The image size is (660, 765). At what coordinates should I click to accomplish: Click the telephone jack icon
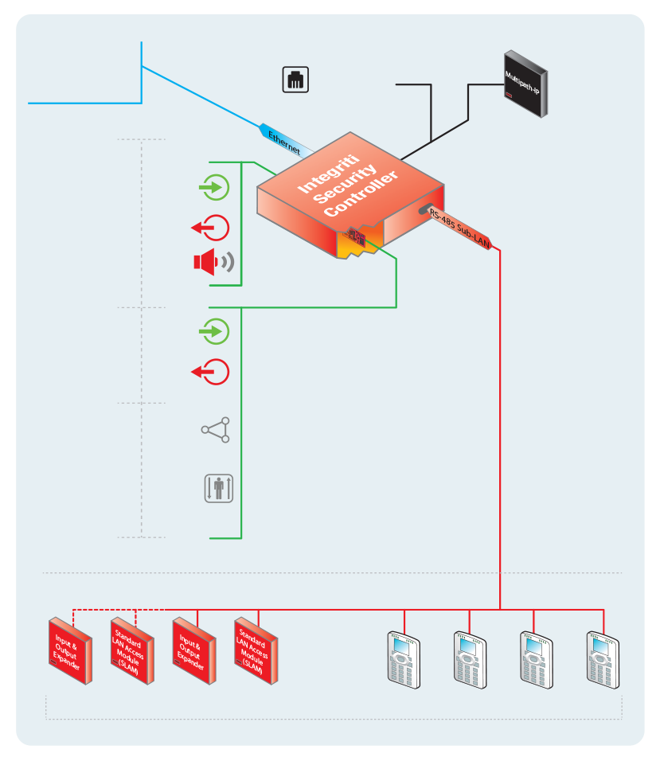tap(295, 79)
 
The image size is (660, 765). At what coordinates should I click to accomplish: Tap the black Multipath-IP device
tap(525, 83)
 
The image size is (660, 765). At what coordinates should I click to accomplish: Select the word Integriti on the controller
tap(318, 169)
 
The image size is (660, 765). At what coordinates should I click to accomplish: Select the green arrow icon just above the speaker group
tap(213, 189)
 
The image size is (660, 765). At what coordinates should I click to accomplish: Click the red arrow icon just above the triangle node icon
tap(212, 372)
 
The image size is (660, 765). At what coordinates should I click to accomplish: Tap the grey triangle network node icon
tap(216, 430)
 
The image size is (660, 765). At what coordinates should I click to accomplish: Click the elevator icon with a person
tap(218, 488)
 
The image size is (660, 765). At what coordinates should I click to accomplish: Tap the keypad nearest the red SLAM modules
tap(404, 658)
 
